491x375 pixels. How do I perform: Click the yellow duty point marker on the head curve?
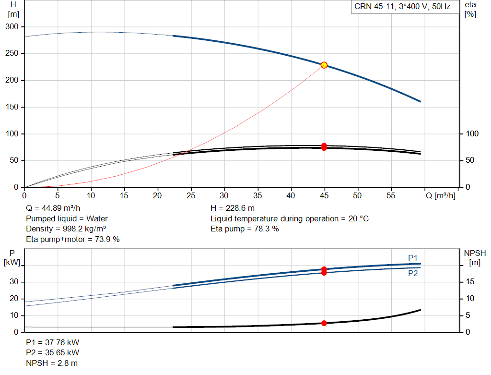click(x=324, y=65)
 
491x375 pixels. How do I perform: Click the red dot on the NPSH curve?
click(x=324, y=323)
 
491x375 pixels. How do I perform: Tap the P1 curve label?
click(x=413, y=258)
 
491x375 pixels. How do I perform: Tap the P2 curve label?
click(x=413, y=273)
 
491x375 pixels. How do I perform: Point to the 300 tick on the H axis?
click(x=12, y=27)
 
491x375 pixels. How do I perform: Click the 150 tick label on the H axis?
click(x=12, y=107)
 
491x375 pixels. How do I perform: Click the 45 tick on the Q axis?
click(x=324, y=195)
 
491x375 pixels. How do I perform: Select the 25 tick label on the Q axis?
click(x=191, y=195)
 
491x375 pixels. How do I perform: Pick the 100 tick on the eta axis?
click(x=472, y=133)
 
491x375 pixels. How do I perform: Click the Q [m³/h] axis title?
click(x=441, y=195)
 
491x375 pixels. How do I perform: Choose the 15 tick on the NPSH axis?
click(x=470, y=281)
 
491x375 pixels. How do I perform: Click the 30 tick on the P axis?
click(x=14, y=281)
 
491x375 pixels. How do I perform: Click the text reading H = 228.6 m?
click(x=233, y=208)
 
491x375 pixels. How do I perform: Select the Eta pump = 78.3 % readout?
click(x=245, y=229)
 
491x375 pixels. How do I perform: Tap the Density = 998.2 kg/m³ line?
click(x=66, y=229)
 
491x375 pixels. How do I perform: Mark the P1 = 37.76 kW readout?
click(x=53, y=342)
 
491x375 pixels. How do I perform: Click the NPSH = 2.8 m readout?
click(x=52, y=363)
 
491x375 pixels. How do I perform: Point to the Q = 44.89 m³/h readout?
click(x=53, y=208)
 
